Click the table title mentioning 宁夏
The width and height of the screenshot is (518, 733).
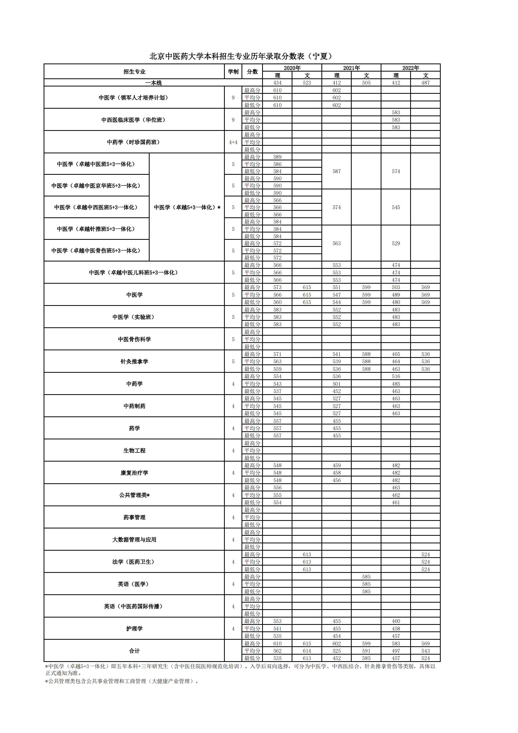(x=241, y=56)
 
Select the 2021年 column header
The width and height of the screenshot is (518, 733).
(x=351, y=68)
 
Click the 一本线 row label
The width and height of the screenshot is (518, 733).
(x=153, y=83)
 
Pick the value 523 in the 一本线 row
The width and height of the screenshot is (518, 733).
(x=307, y=83)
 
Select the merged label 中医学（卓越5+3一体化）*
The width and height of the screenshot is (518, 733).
(x=187, y=207)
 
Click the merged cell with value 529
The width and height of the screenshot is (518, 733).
(x=396, y=243)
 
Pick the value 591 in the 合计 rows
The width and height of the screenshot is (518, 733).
(x=366, y=651)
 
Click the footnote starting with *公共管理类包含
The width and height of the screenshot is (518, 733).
(x=122, y=681)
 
